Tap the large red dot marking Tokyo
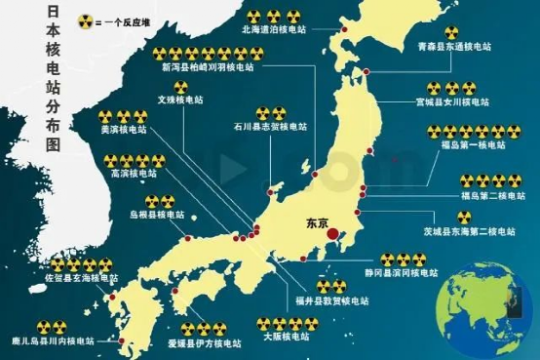332,235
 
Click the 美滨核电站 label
124,129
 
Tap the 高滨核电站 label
134,174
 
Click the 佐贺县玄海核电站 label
82,278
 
